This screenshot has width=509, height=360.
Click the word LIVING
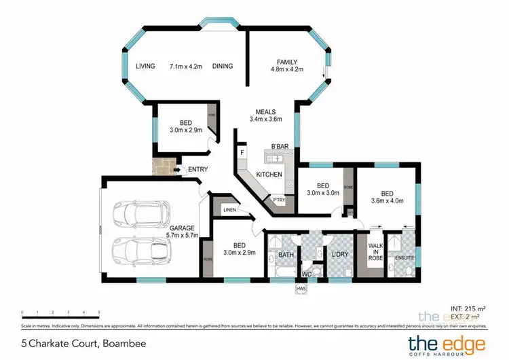coord(145,66)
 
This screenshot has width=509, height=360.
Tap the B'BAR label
coord(280,147)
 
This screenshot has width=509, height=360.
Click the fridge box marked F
coord(241,153)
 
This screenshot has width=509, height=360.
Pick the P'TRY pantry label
coord(279,200)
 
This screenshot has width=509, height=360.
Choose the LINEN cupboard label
coord(229,210)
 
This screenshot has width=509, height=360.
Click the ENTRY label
coord(198,169)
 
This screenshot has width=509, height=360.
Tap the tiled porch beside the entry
coord(163,166)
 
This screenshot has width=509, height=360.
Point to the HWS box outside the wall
coord(301,288)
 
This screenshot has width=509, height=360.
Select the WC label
coord(306,274)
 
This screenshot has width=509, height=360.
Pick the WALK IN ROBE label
coord(376,251)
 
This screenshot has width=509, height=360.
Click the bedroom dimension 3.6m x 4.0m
coord(386,200)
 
